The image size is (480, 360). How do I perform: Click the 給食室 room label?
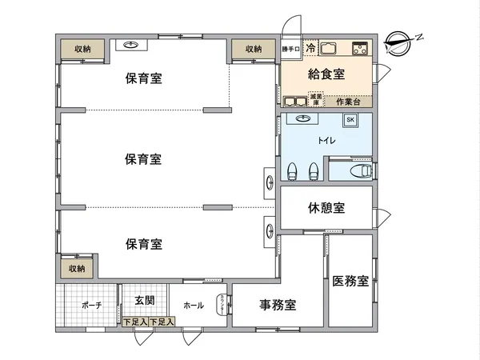(x=326, y=74)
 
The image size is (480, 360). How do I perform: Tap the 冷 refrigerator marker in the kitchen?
(x=310, y=48)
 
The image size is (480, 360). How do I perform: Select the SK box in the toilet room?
(x=350, y=121)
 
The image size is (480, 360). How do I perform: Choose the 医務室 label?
(x=351, y=281)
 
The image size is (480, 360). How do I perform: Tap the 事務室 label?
(x=278, y=305)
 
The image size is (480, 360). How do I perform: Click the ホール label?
(x=194, y=306)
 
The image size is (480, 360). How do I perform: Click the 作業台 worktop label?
(x=348, y=102)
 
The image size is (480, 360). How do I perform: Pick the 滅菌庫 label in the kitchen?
(x=316, y=99)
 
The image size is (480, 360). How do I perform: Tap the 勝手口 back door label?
(x=290, y=50)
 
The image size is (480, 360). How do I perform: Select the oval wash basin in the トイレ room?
(x=303, y=119)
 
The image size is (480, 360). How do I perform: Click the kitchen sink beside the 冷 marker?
(x=330, y=49)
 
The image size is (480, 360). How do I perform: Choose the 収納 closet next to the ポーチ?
(x=77, y=268)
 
